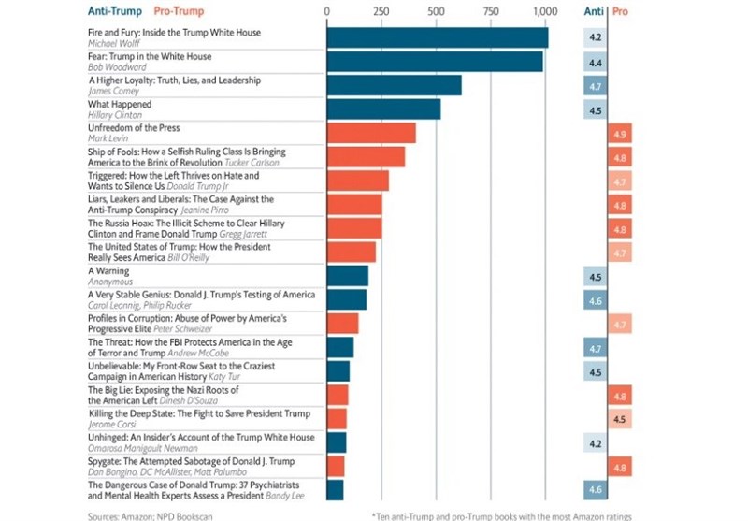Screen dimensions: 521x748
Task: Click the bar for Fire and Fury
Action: coord(437,37)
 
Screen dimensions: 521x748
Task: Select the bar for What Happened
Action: coord(383,109)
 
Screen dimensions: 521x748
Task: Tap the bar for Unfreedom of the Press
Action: coord(371,133)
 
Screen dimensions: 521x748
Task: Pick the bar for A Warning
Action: coord(347,276)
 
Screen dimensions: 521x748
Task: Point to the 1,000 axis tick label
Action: coord(545,11)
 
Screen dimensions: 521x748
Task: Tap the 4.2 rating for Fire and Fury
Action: coord(594,38)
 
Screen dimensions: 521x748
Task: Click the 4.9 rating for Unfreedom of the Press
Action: coord(619,134)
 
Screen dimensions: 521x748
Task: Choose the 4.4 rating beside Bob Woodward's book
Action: coord(594,63)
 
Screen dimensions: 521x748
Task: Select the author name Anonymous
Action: coord(109,282)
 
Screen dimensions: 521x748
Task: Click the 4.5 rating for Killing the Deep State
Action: coord(619,419)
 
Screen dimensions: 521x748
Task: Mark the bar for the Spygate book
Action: coord(336,466)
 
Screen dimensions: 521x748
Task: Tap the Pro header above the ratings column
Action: coord(618,11)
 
